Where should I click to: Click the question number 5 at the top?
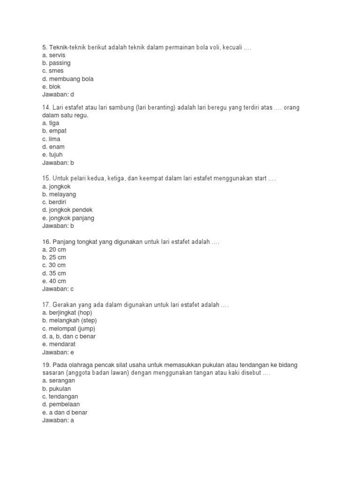tap(45, 47)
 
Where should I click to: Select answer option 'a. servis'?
tap(53, 55)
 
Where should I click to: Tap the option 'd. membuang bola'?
tap(67, 79)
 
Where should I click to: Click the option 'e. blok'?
tap(51, 87)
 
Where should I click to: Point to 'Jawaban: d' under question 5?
tap(58, 95)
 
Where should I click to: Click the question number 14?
tap(46, 107)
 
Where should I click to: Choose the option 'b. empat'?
tap(54, 131)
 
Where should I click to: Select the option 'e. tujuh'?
tap(52, 155)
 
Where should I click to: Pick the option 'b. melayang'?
tap(59, 195)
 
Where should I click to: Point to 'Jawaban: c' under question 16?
tap(58, 289)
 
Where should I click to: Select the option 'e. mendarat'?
tap(59, 345)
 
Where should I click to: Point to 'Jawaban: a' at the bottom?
tap(58, 420)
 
